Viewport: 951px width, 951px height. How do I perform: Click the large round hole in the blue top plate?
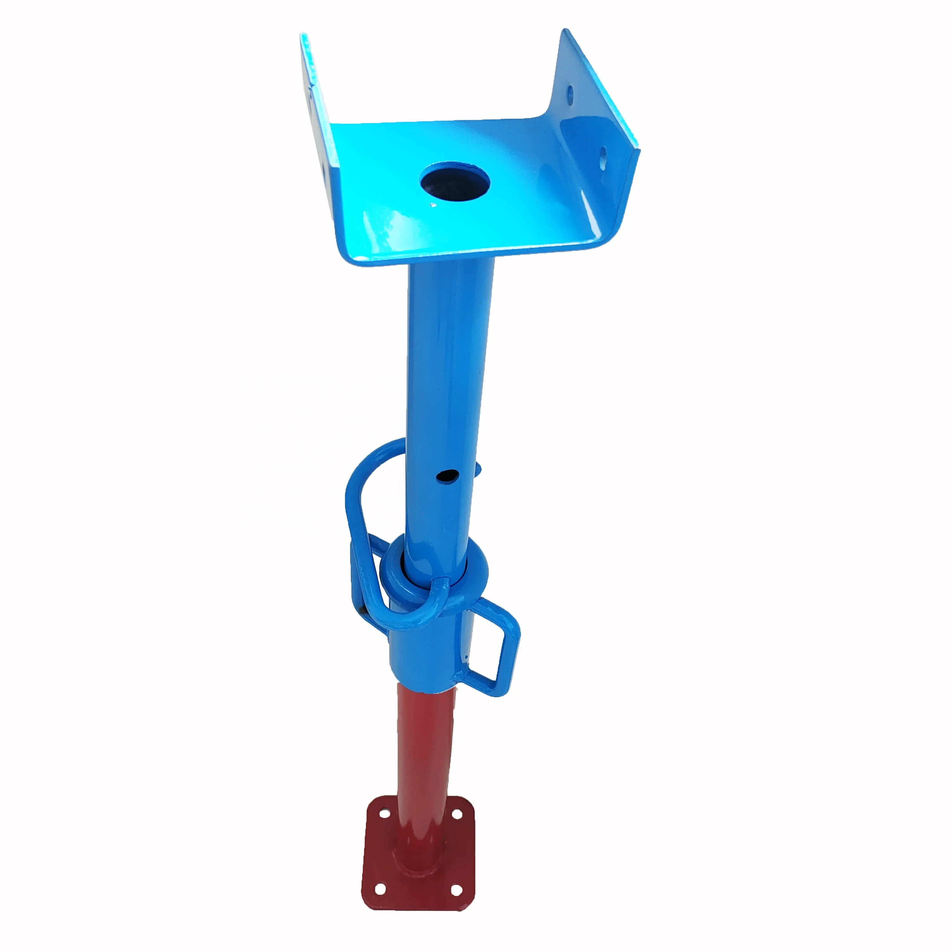455,182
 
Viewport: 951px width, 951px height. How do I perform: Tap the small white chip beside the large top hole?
433,205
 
